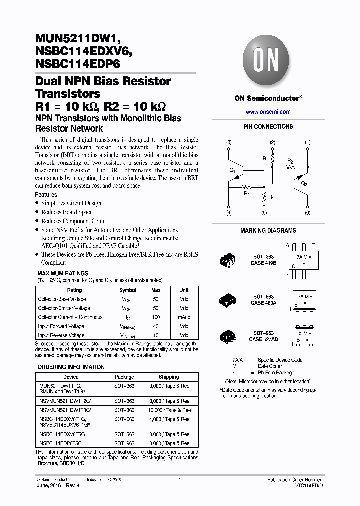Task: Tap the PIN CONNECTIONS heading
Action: [268, 127]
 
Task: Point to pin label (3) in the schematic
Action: [229, 143]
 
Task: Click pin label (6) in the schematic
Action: [307, 213]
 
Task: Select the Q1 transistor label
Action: [232, 170]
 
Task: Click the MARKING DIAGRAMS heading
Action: [268, 231]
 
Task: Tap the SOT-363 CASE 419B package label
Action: [264, 259]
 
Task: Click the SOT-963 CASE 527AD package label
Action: [264, 336]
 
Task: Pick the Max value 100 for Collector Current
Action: [156, 317]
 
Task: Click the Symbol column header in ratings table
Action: [127, 290]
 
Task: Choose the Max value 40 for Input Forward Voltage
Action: [156, 326]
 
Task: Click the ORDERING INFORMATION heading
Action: [71, 367]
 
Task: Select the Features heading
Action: [46, 195]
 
